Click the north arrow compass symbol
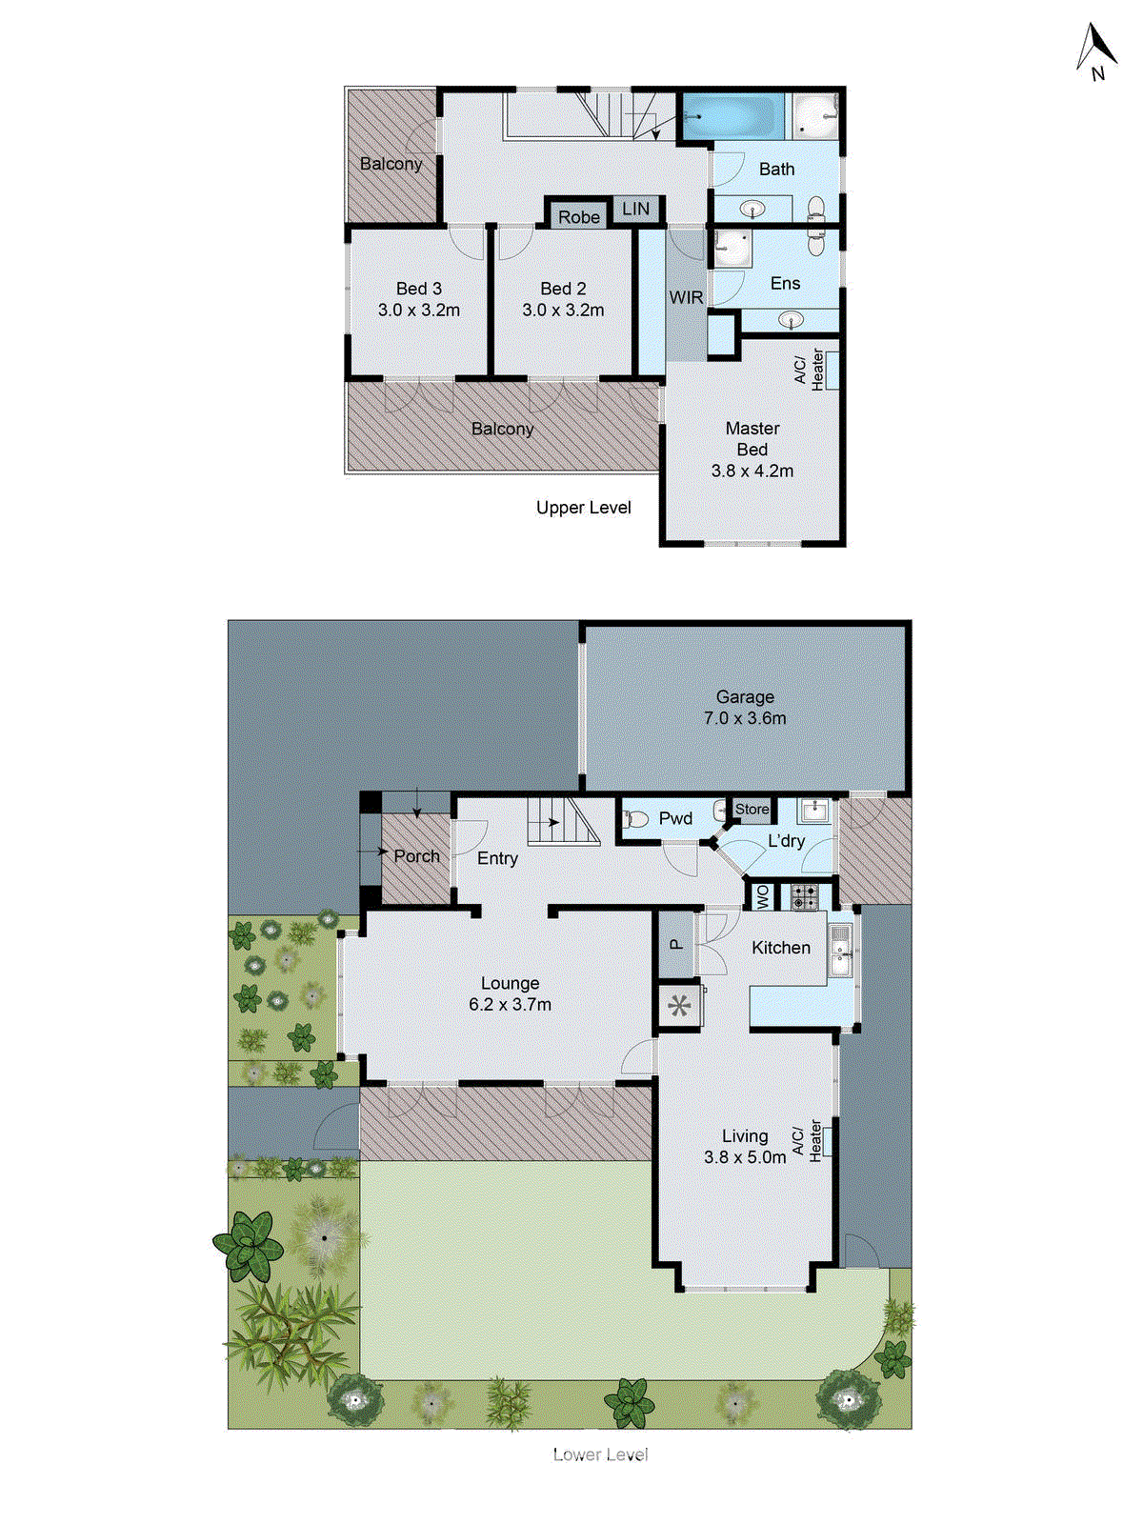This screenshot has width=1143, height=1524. click(x=1096, y=51)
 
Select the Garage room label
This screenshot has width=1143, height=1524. click(x=745, y=697)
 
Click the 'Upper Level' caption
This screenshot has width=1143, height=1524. click(x=583, y=508)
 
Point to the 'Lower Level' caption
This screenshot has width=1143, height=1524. click(x=600, y=1454)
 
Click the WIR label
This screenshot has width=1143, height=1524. click(x=686, y=297)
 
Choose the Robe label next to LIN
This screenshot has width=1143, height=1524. click(x=579, y=216)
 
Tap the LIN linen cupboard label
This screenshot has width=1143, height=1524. click(x=635, y=209)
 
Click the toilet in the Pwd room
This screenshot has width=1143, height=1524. click(x=635, y=818)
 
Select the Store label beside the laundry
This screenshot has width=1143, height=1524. click(x=752, y=810)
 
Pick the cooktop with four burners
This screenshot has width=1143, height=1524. click(x=805, y=896)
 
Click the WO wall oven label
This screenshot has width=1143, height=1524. click(x=762, y=896)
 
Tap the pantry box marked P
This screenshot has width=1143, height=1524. click(x=676, y=945)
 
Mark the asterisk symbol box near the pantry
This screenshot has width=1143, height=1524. click(x=679, y=1006)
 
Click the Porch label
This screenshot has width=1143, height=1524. click(x=417, y=856)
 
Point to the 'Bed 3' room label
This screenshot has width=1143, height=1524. click(x=419, y=288)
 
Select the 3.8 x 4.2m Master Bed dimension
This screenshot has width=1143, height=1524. click(x=752, y=471)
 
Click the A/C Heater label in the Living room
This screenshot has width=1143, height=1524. click(x=808, y=1140)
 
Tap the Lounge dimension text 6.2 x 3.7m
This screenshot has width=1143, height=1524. click(x=510, y=1004)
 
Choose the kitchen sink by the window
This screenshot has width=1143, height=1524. click(x=840, y=949)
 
